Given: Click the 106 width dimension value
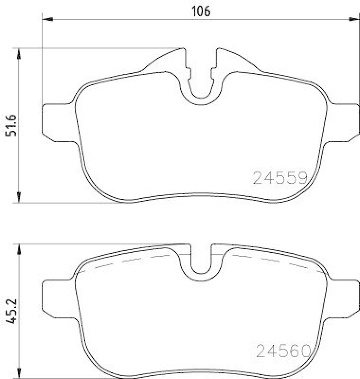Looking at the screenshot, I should point(200,10).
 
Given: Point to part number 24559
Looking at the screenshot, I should point(281,178).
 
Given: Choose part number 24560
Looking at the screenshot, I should point(283,351).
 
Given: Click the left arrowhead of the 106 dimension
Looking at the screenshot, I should point(46,19).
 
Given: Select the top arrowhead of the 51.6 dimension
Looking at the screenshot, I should point(18,53).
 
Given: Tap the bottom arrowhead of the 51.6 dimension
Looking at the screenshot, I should point(18,198).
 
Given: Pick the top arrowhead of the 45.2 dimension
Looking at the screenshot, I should point(18,249).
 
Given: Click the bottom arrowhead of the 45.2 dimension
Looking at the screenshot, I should point(18,374).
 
